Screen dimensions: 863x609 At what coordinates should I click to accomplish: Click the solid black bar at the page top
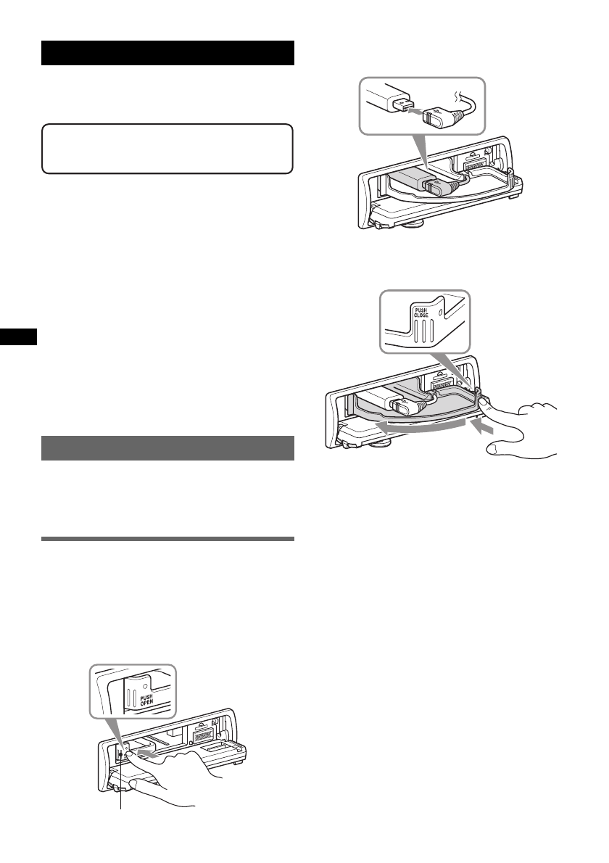[x=167, y=54]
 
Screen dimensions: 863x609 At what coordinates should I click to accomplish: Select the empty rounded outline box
[x=167, y=149]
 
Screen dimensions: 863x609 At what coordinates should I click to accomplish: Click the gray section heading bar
[x=167, y=448]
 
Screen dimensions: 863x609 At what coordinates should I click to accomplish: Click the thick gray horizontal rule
[x=167, y=539]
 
